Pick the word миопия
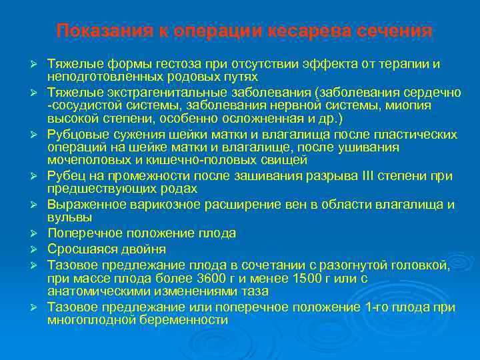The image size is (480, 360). pos(409,105)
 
